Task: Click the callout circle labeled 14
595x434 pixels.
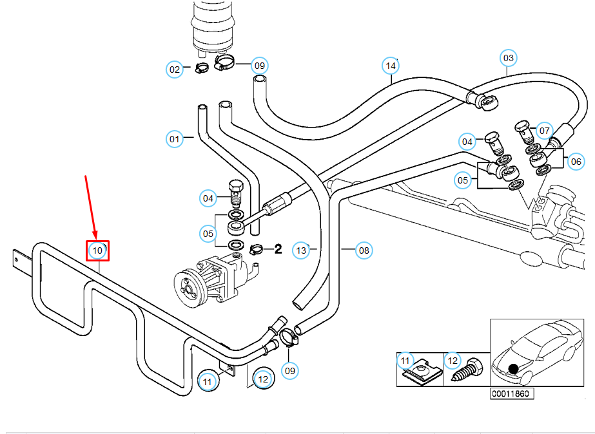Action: (391, 66)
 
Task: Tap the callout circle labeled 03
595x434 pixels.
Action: (509, 58)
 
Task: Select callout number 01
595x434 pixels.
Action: (175, 139)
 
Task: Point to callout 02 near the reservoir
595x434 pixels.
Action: (175, 70)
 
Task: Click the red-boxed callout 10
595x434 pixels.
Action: (97, 250)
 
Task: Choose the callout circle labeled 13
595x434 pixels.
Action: (301, 250)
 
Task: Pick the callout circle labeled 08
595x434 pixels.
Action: (364, 250)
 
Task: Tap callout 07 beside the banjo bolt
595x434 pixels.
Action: (545, 131)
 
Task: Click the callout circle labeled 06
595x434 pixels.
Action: (576, 162)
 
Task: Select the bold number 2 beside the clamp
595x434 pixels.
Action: (278, 249)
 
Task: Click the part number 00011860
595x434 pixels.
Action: (511, 394)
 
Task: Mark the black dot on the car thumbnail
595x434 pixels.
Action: (513, 369)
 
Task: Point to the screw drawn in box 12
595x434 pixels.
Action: (467, 371)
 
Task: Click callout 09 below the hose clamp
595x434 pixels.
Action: (290, 370)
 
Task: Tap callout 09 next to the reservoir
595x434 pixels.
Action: (260, 66)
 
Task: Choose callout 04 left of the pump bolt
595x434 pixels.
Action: (208, 198)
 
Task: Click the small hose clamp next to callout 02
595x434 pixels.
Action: (202, 68)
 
